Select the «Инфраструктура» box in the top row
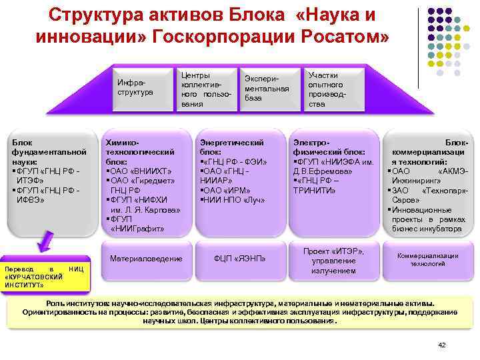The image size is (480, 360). [x=135, y=87]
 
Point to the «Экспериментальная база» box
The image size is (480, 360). [x=266, y=89]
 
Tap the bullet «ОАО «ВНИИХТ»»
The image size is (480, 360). [x=139, y=171]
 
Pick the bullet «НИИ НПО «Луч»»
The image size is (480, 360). [x=233, y=199]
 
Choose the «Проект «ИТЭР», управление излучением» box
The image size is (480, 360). [x=333, y=260]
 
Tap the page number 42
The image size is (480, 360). [x=441, y=344]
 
